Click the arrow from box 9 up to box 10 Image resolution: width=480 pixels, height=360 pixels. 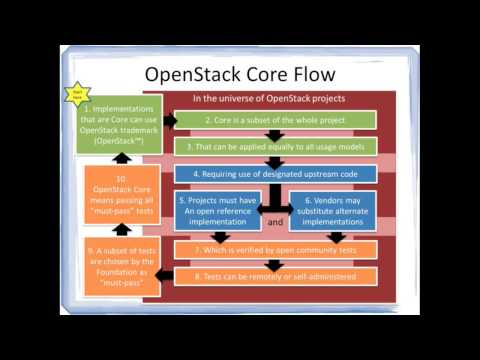click(120, 230)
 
